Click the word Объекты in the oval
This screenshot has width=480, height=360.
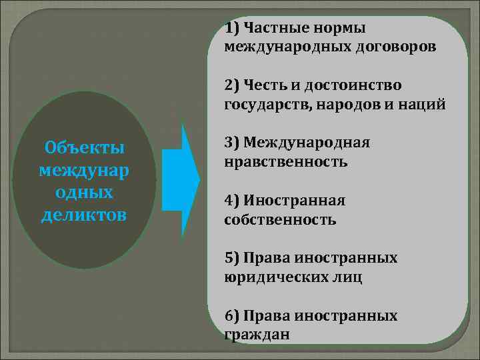(84, 146)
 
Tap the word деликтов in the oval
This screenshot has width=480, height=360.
(84, 215)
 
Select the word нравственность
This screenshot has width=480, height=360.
(286, 161)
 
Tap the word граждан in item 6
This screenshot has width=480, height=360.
(257, 334)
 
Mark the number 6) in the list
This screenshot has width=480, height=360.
(233, 315)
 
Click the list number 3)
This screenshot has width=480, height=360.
(233, 143)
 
